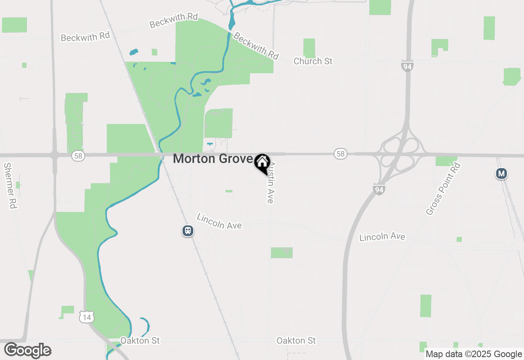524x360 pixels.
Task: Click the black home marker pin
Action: (x=262, y=162)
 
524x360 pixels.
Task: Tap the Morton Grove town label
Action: (x=213, y=159)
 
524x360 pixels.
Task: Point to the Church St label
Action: (x=313, y=61)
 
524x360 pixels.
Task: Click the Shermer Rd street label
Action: (x=10, y=186)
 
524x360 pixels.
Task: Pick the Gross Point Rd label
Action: (x=443, y=189)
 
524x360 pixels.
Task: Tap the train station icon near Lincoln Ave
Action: (x=188, y=231)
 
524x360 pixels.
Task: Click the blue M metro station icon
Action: (x=501, y=173)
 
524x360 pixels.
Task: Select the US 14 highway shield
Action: (x=87, y=316)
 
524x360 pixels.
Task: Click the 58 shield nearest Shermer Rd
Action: (x=78, y=156)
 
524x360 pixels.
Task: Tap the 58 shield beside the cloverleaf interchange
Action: (x=340, y=154)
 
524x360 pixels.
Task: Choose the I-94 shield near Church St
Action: (x=407, y=67)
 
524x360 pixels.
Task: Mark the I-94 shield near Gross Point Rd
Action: (x=379, y=189)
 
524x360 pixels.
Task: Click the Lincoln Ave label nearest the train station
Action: (x=219, y=221)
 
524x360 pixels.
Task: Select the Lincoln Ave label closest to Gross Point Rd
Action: (x=382, y=237)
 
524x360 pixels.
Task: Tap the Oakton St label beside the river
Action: (x=140, y=340)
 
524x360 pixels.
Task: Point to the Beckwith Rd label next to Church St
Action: (x=256, y=46)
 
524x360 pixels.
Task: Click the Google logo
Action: (x=27, y=351)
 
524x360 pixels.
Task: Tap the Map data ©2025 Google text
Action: (x=474, y=354)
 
